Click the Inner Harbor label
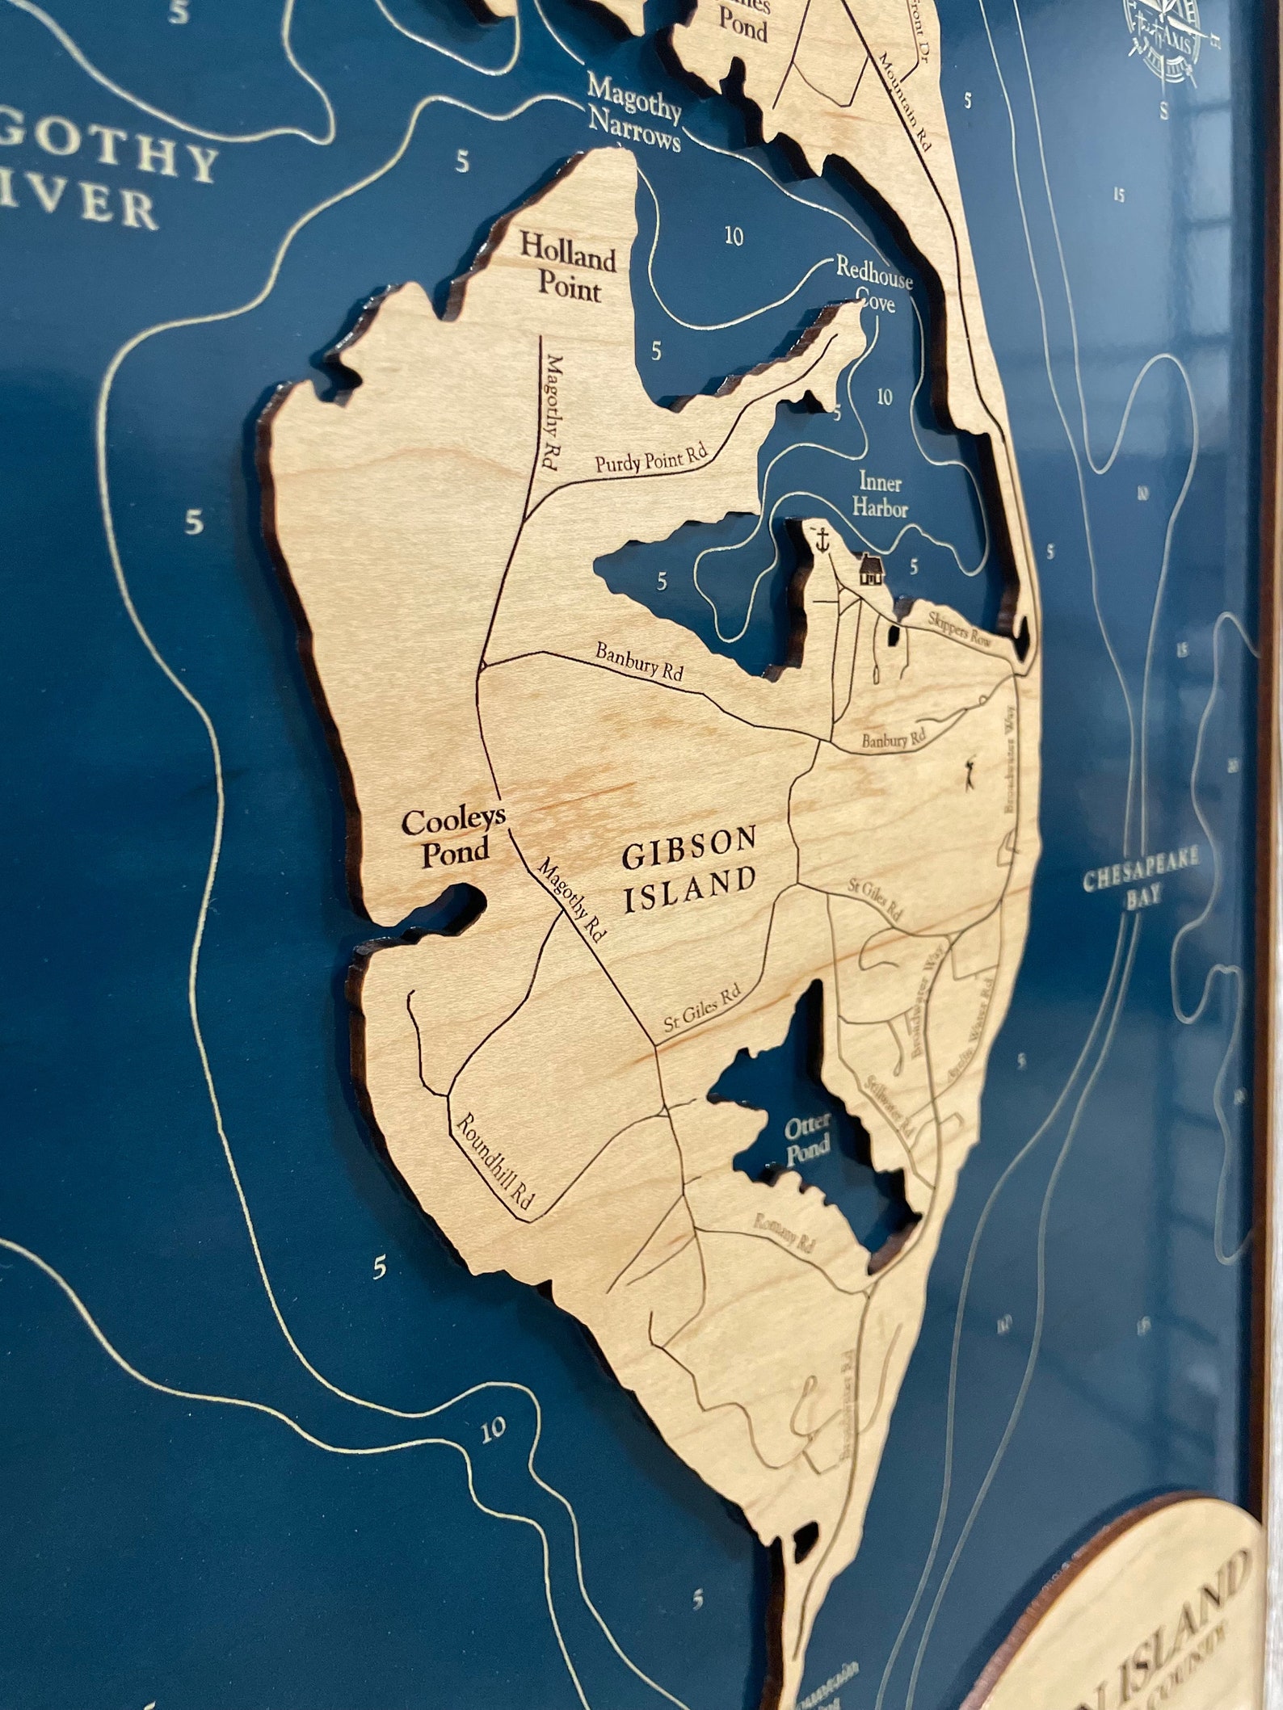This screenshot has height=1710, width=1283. click(881, 496)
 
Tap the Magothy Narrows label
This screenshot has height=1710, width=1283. click(635, 114)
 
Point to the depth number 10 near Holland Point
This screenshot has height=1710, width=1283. click(734, 237)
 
